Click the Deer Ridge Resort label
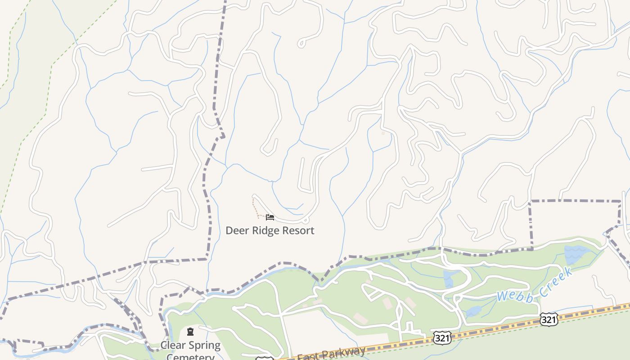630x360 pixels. pos(270,230)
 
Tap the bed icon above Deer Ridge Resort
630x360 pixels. pos(270,217)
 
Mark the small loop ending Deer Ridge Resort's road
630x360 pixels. pos(306,220)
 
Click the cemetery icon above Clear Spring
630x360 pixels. pos(190,332)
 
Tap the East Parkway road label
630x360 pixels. pos(331,354)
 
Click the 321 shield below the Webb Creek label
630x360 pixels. pos(549,319)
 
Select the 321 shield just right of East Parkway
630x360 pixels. pos(442,338)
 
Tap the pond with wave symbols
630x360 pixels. pos(575,255)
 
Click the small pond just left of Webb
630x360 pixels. pos(473,311)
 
